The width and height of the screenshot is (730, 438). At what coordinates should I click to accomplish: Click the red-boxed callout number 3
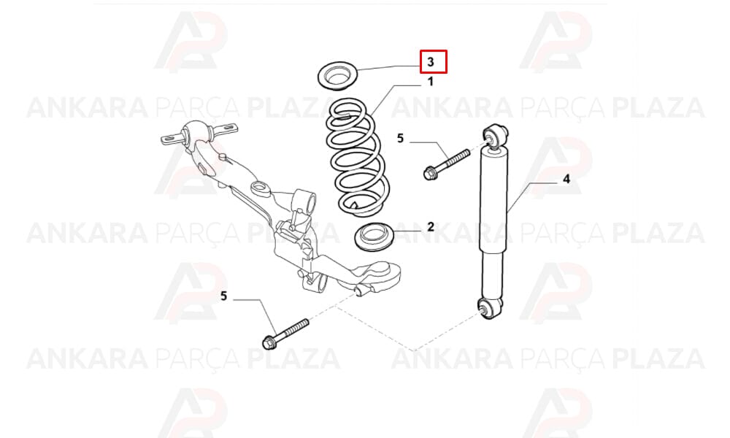(x=431, y=61)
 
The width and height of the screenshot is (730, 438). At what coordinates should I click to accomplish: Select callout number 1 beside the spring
(x=431, y=82)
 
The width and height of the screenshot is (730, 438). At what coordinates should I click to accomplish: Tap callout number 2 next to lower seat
(x=431, y=227)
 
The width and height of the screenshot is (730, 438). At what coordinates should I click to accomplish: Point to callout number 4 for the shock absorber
(x=566, y=179)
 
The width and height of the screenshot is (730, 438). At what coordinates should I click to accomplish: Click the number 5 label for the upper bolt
(x=400, y=138)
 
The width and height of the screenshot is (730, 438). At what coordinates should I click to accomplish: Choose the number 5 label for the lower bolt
(x=224, y=296)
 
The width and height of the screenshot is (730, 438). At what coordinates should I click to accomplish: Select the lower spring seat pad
(x=374, y=237)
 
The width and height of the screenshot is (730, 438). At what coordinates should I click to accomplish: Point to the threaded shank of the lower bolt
(x=292, y=328)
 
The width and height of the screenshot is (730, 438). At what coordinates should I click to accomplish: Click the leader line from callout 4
(x=531, y=197)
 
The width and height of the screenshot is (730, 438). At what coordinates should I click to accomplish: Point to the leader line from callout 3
(x=389, y=69)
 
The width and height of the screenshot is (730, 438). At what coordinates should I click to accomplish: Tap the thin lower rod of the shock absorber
(x=491, y=275)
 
